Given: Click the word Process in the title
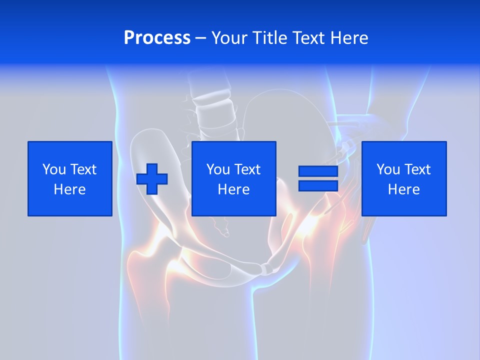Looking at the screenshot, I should [157, 38].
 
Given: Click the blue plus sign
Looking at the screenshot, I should [152, 179].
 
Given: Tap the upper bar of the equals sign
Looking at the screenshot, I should [318, 171].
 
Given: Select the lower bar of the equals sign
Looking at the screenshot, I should [318, 185].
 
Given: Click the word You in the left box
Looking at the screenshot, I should [54, 169].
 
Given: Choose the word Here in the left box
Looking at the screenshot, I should [69, 189].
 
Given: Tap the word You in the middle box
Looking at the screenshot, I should [218, 169].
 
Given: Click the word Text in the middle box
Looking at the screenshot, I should [246, 169].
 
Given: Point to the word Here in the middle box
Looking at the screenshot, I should [234, 189].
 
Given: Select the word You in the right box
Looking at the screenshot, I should [388, 169].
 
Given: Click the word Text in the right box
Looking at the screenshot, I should [416, 169].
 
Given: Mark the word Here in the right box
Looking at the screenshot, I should [404, 189].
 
